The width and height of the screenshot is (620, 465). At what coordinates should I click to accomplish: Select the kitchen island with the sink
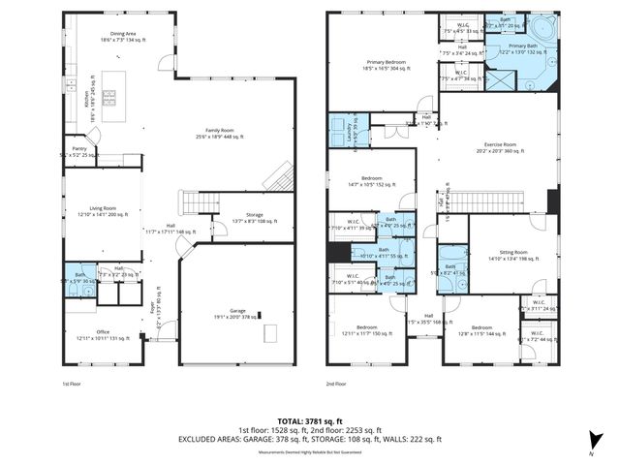[x=108, y=96]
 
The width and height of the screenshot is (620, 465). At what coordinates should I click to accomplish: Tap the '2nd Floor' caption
[x=336, y=384]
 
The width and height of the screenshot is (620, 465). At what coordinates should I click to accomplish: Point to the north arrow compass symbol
[x=591, y=449]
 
